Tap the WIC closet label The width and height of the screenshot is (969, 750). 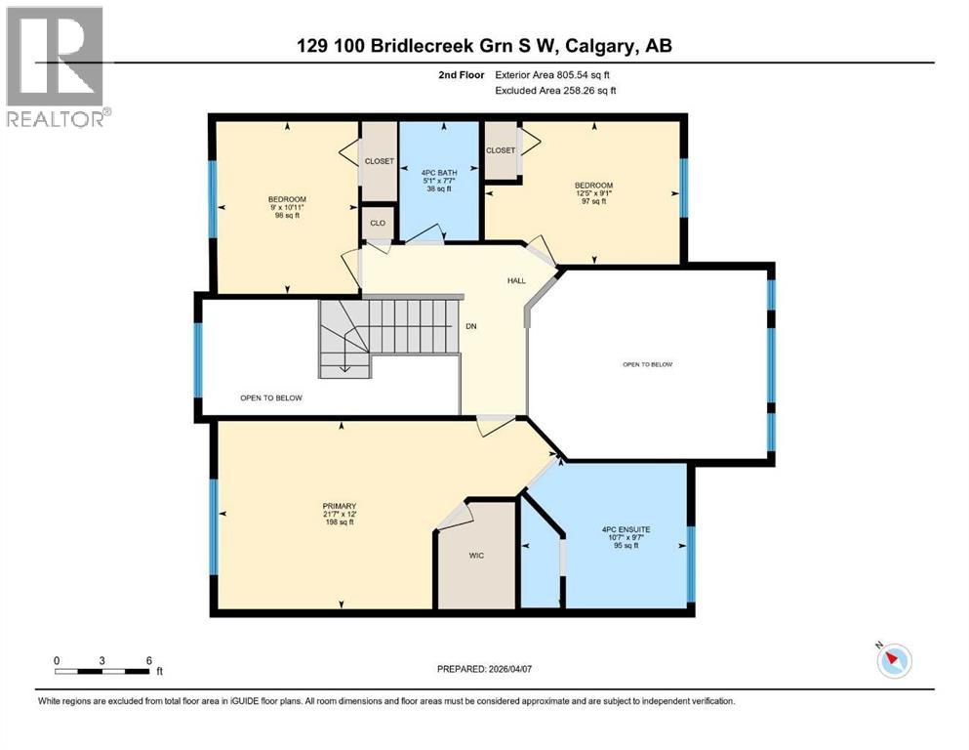[476, 556]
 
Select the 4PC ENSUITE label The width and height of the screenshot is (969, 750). [626, 529]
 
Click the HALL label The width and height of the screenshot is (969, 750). [516, 281]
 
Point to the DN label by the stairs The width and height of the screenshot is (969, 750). [468, 327]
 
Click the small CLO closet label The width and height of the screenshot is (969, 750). [378, 223]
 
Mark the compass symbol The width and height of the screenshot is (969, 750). [893, 661]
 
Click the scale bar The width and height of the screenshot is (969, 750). [102, 670]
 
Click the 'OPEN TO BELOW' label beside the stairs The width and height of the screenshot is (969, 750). [271, 397]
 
